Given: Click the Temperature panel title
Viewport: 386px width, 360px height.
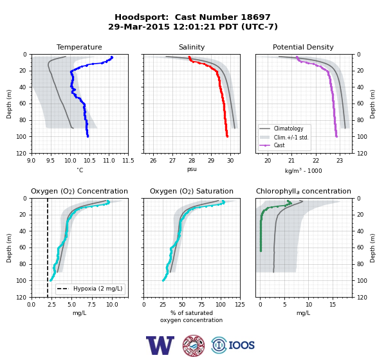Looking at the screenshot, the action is tap(79, 47).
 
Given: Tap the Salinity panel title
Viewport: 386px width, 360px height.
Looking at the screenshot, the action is tap(192, 47).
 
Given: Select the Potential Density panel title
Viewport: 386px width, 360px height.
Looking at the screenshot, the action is tap(303, 47).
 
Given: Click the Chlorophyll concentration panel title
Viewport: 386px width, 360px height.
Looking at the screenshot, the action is tap(304, 191).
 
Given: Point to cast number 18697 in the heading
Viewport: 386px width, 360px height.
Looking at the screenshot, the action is tap(255, 17).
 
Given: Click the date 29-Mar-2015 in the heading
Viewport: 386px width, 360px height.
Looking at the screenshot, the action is tap(139, 26).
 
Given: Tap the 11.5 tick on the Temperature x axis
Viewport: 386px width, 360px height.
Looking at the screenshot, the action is tap(128, 161).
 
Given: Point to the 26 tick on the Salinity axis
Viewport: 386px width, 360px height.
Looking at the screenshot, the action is tap(153, 161).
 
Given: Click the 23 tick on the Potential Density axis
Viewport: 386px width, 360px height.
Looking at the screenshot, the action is tap(340, 161).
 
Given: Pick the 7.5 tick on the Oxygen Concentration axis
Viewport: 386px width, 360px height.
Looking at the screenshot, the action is tap(92, 305).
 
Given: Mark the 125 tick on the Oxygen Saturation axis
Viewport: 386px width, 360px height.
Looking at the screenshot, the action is tap(240, 305).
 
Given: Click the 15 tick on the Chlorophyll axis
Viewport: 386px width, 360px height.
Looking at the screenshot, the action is tap(333, 305).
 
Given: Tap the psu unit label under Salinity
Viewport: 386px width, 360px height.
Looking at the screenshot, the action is tap(192, 170).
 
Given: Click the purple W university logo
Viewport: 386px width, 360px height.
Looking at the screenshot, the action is tap(160, 345).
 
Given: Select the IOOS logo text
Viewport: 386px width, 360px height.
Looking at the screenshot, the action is tap(241, 345).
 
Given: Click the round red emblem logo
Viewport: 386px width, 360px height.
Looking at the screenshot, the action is tap(194, 345).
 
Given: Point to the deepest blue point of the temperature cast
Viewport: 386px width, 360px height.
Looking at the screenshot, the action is tap(87, 136).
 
